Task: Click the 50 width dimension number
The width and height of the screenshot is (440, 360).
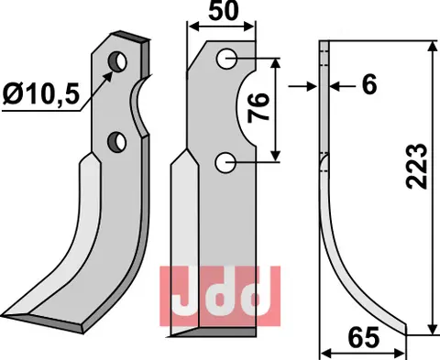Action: coord(221,13)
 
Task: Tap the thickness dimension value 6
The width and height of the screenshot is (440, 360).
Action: coord(368,85)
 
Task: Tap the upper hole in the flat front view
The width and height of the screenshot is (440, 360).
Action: coord(226,60)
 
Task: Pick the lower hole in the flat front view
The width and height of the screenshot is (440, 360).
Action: coord(226,162)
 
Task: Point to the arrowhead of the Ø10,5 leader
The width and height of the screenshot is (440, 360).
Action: coord(112,73)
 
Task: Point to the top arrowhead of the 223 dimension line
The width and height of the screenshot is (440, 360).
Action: coord(429,45)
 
